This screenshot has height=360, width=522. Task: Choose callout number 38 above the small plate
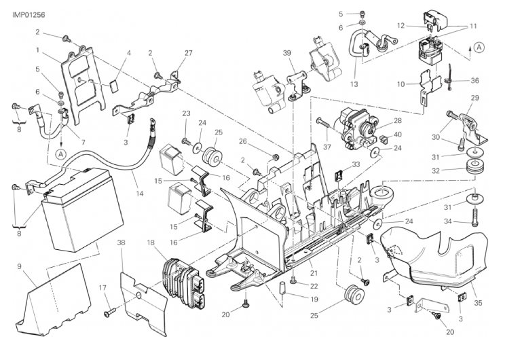pos(121,242)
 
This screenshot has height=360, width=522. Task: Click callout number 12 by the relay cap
pos(401,25)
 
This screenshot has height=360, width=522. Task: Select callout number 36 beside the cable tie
pos(475,79)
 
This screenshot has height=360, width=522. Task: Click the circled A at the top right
pos(479,47)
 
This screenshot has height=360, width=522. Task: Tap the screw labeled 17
pos(110,313)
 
